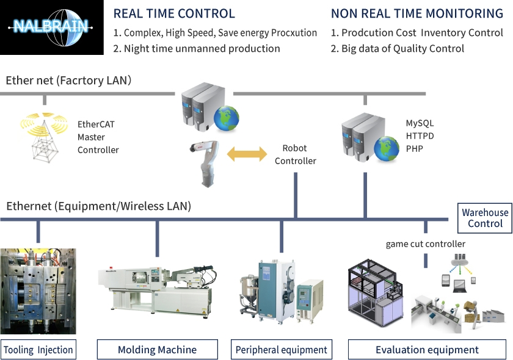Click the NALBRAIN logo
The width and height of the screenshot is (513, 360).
click(52, 27)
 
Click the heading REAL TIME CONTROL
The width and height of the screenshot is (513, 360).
click(174, 14)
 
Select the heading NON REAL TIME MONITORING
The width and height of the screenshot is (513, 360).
click(417, 14)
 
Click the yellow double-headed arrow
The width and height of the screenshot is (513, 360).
click(247, 154)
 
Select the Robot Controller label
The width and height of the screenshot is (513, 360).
click(296, 154)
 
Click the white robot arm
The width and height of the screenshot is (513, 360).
click(205, 164)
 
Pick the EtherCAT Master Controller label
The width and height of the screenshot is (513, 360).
click(98, 137)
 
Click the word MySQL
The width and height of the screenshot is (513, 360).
click(420, 123)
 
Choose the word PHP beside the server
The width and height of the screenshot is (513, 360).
click(415, 149)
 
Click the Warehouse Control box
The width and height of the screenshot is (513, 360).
click(485, 218)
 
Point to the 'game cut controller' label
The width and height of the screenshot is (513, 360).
click(425, 244)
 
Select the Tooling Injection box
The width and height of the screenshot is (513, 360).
click(38, 350)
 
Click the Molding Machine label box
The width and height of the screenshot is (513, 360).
click(158, 350)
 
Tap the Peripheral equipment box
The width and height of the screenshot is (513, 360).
click(282, 350)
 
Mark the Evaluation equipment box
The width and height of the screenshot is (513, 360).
click(427, 350)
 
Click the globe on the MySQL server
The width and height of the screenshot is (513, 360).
click(387, 149)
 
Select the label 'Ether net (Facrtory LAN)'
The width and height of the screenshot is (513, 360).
click(68, 81)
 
